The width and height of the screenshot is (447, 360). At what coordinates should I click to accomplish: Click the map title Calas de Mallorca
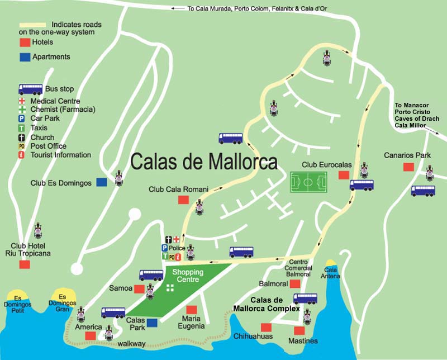click(x=204, y=162)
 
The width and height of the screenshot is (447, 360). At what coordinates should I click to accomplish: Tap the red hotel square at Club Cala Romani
click(x=183, y=200)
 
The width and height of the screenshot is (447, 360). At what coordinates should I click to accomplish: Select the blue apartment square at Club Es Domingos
click(x=102, y=182)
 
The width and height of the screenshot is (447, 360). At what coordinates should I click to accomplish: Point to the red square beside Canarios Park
click(x=408, y=167)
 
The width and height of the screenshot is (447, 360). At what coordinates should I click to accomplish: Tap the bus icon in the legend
click(x=30, y=89)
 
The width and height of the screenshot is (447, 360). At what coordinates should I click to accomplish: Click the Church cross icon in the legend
click(x=22, y=138)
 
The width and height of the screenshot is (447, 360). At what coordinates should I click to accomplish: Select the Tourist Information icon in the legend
click(x=22, y=155)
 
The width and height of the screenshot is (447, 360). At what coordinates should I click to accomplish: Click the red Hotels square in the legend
click(x=25, y=42)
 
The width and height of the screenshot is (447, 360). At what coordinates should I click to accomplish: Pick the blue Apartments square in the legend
click(x=25, y=57)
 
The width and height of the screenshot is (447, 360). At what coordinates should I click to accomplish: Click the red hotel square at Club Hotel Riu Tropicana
click(x=25, y=264)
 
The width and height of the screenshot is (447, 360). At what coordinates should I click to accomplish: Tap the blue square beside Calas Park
click(x=153, y=323)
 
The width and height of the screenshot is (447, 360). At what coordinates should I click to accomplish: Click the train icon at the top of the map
click(x=327, y=57)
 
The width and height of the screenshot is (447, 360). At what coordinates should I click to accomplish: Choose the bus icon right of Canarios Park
click(x=423, y=191)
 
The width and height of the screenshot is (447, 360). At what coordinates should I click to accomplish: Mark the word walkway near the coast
click(x=132, y=343)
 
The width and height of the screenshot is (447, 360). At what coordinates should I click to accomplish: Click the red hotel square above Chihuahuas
click(x=266, y=327)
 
